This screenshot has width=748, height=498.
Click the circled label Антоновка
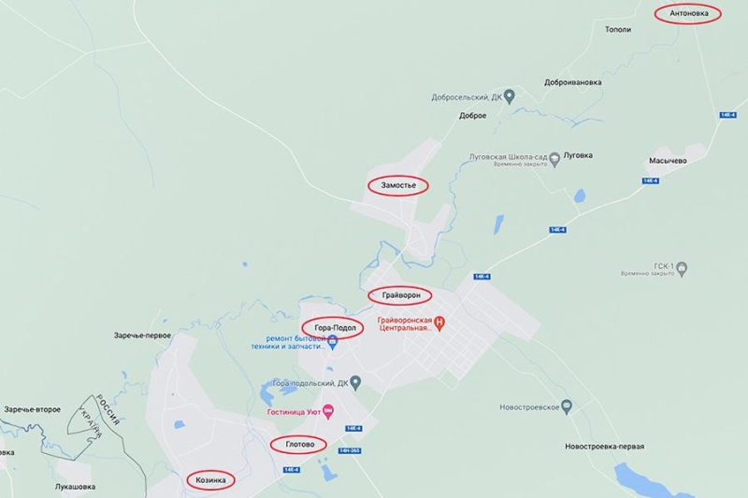tap(688, 14)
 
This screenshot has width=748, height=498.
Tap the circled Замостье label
tap(397, 186)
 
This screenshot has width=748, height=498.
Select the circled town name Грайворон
tap(402, 295)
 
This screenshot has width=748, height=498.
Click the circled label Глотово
tap(298, 445)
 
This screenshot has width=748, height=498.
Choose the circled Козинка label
tap(210, 479)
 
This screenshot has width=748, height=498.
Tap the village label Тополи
tap(618, 30)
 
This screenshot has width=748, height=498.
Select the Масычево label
tap(668, 161)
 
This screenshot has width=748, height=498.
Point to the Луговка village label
tap(583, 156)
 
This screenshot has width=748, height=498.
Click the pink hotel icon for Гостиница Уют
tap(327, 411)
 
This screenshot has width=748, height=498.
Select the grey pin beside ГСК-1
tap(683, 270)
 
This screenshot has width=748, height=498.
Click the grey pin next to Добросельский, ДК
tap(510, 95)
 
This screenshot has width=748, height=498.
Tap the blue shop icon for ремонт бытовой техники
tap(332, 343)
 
